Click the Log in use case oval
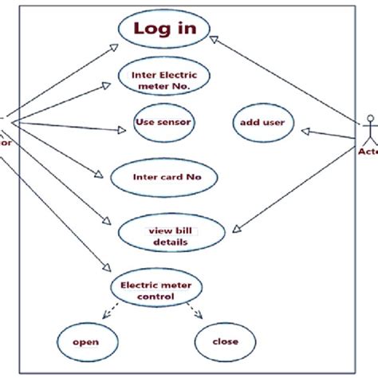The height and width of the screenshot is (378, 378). coord(163,30)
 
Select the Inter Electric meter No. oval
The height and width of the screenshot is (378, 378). coord(158,77)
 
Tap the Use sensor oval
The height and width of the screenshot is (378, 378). coord(164,122)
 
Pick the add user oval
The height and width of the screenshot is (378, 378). coord(262,123)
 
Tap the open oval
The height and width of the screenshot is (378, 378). coord(86,342)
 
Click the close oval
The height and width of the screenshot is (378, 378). coord(226,342)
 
